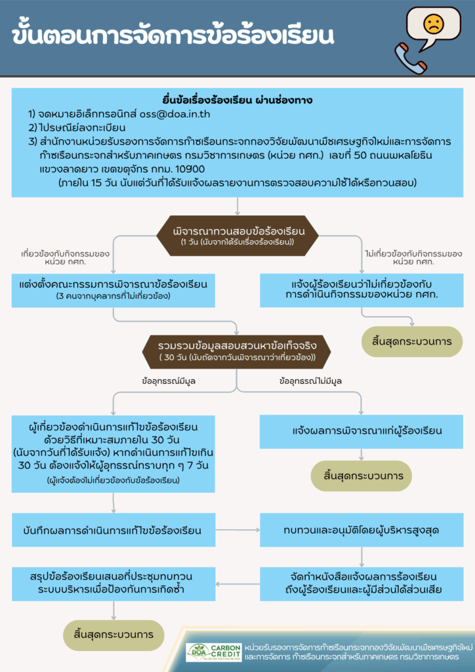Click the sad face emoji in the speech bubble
[434, 24]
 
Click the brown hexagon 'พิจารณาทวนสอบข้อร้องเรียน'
[237, 236]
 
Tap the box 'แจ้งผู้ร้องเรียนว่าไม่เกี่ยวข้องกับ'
[361, 289]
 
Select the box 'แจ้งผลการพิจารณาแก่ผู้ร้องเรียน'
[361, 431]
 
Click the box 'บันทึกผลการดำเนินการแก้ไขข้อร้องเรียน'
[113, 530]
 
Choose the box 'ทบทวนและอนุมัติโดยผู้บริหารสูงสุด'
[361, 530]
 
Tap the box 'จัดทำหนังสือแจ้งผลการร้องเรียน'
[361, 583]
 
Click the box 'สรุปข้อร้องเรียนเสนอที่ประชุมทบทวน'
[113, 583]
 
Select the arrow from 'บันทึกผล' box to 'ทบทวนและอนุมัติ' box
[237, 530]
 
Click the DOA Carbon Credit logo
[215, 652]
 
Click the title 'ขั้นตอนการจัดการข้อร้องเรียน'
[172, 37]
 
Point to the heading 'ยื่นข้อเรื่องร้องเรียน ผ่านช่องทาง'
[237, 100]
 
